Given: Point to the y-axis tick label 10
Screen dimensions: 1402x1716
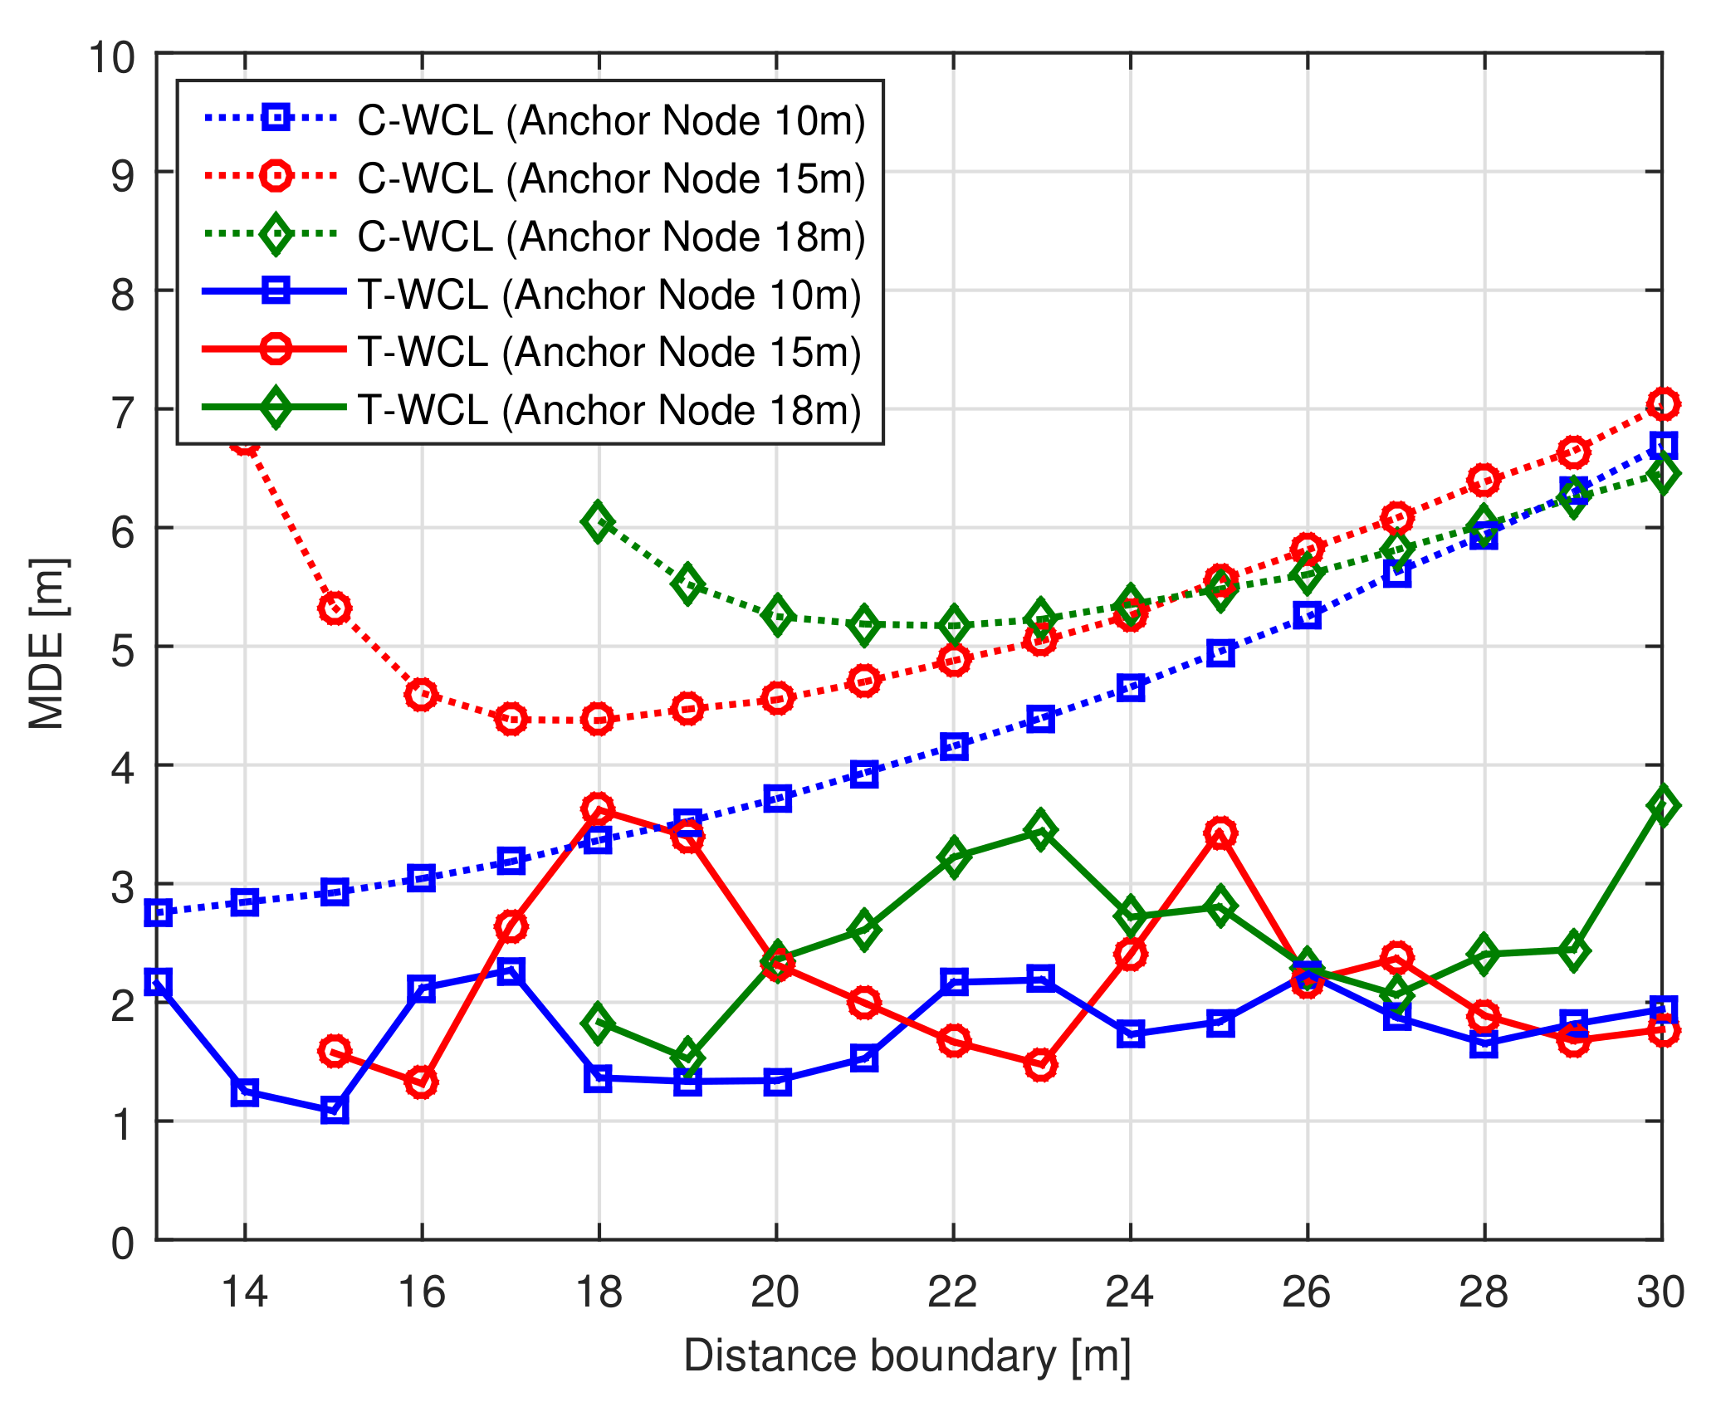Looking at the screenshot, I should pyautogui.click(x=111, y=57).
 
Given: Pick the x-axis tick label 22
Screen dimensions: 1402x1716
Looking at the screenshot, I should pyautogui.click(x=952, y=1292).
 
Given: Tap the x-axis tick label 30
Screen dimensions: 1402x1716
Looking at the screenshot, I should pyautogui.click(x=1660, y=1292).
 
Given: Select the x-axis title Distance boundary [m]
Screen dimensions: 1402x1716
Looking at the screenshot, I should pyautogui.click(x=907, y=1356).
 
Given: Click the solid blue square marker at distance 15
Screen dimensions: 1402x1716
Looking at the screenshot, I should pyautogui.click(x=335, y=1110).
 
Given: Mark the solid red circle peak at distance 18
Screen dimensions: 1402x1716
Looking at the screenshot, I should pyautogui.click(x=598, y=808).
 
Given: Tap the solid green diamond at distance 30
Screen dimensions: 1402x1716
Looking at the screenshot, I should pyautogui.click(x=1662, y=805).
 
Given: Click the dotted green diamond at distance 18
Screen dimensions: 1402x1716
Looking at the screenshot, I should pyautogui.click(x=598, y=522).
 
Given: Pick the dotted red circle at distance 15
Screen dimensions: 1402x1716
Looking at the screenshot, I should pyautogui.click(x=335, y=609).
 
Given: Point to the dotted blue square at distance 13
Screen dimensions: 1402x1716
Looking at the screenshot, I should pyautogui.click(x=158, y=913).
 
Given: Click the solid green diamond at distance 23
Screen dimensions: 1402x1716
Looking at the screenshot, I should pyautogui.click(x=1040, y=830).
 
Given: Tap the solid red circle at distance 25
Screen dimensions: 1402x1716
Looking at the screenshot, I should pyautogui.click(x=1220, y=833).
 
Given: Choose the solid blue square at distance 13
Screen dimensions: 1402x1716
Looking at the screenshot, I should pyautogui.click(x=158, y=982).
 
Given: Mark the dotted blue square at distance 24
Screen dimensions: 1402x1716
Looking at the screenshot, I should pyautogui.click(x=1130, y=688).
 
